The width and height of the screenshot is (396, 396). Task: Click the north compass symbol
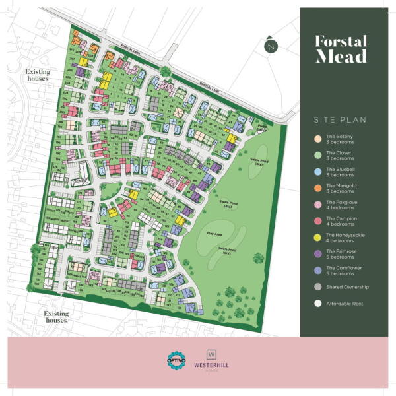[270, 46]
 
